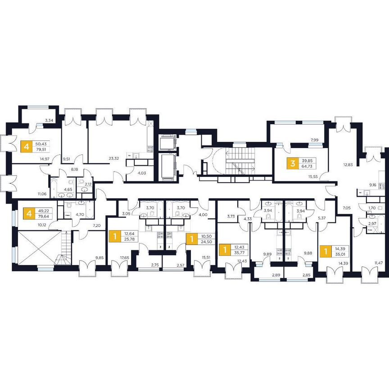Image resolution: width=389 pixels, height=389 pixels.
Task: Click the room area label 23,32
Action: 113,158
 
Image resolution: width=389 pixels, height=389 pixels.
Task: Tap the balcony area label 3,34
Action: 50,120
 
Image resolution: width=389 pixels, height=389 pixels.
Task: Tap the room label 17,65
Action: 125,258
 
